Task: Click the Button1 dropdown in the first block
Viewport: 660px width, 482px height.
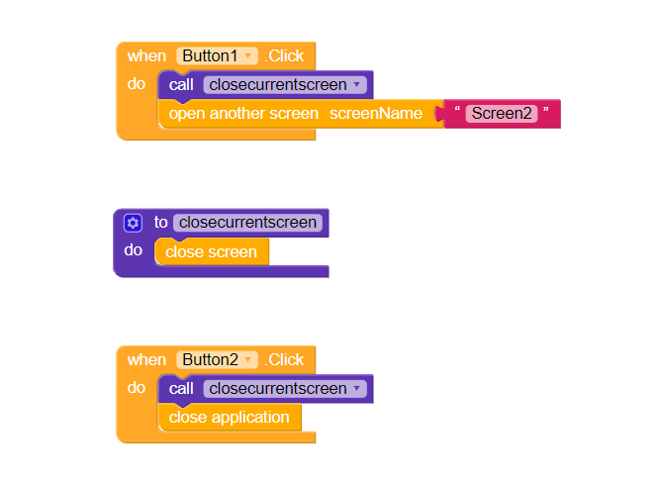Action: coord(218,56)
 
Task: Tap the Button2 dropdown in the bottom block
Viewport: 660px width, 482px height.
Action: coord(218,360)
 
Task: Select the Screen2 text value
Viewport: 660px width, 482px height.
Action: coord(502,114)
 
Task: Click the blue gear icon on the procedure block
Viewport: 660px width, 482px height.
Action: coord(133,223)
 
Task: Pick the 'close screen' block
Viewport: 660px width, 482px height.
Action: coord(211,252)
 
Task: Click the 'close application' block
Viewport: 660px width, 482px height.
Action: coord(229,418)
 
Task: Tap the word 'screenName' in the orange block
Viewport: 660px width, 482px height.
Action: coord(376,114)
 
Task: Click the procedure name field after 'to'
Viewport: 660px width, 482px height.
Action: coord(248,223)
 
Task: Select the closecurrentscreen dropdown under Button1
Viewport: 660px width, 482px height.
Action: coord(285,85)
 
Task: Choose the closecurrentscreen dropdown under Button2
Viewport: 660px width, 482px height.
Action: coord(285,389)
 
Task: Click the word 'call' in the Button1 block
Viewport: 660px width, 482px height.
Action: coord(181,85)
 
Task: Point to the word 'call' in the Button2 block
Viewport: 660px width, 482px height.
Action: coord(181,389)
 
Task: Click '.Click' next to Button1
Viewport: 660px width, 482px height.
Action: coord(285,56)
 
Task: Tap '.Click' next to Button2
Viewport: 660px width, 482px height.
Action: coord(285,360)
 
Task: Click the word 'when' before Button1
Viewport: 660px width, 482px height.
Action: coord(146,56)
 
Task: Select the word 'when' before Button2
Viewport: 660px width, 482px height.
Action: coord(146,360)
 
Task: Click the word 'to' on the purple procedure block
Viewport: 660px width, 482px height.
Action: coord(160,223)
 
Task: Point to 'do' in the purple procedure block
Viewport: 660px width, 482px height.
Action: coord(134,250)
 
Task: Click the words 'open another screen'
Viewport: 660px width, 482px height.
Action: coord(243,114)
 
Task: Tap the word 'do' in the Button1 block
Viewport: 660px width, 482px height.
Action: coord(137,84)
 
